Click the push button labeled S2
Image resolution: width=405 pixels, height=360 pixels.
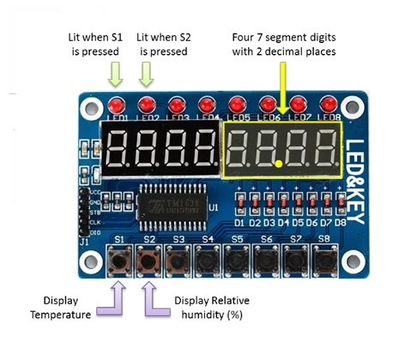click(148, 258)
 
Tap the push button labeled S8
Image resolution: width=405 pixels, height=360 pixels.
click(324, 258)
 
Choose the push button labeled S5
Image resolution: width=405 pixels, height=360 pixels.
click(236, 258)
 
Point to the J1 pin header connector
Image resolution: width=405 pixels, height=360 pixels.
click(83, 211)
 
